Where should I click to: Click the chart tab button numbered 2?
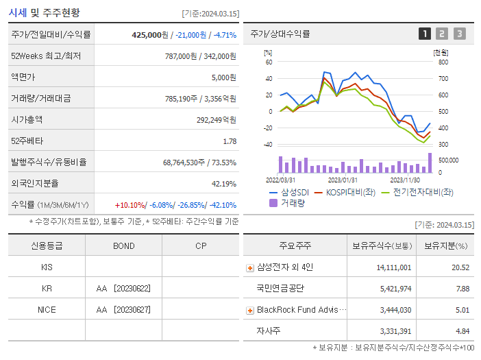[442, 34]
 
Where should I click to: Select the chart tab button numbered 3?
[459, 34]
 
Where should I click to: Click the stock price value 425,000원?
[150, 35]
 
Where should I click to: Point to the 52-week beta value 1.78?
[230, 141]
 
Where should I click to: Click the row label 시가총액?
[27, 120]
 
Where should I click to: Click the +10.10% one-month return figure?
[130, 205]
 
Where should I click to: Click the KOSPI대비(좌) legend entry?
[350, 192]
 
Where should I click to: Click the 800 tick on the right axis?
[443, 62]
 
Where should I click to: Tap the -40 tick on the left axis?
[267, 144]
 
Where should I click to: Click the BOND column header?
[123, 245]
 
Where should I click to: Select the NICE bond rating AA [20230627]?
[123, 309]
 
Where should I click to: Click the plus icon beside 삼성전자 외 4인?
[250, 267]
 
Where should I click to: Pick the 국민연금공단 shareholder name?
[280, 288]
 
